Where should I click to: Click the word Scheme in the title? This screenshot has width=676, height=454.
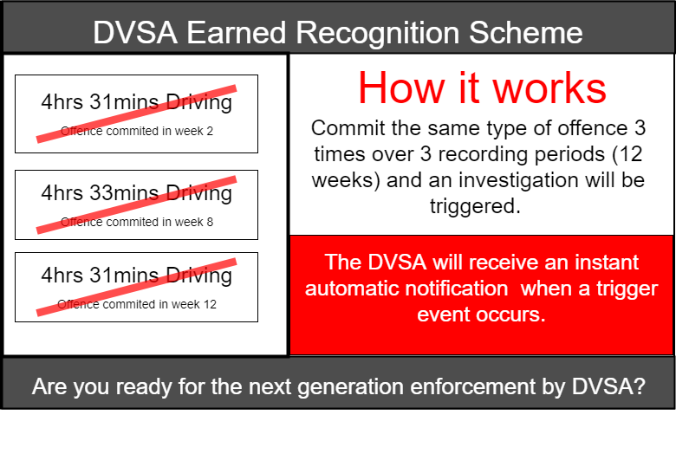click(x=525, y=33)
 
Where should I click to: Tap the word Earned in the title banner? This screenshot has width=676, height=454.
click(x=237, y=33)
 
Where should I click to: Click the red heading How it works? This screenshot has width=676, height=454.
click(x=482, y=88)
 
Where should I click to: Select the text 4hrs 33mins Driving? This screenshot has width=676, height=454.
click(x=137, y=192)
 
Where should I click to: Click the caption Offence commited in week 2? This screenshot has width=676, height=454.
click(x=137, y=131)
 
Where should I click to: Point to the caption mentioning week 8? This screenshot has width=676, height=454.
click(x=137, y=222)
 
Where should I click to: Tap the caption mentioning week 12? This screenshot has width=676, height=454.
click(x=137, y=304)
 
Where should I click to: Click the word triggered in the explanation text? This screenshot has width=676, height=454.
click(x=475, y=206)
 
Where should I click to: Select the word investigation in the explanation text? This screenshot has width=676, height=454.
click(x=517, y=181)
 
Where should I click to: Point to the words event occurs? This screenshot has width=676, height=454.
click(x=481, y=315)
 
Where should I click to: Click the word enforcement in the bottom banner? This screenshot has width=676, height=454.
click(x=472, y=386)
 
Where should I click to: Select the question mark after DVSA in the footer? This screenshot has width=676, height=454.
click(x=640, y=386)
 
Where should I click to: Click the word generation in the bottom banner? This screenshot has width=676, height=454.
click(x=350, y=387)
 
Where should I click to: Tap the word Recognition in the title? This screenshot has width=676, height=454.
click(x=378, y=34)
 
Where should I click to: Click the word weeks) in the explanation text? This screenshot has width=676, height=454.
click(x=346, y=181)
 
